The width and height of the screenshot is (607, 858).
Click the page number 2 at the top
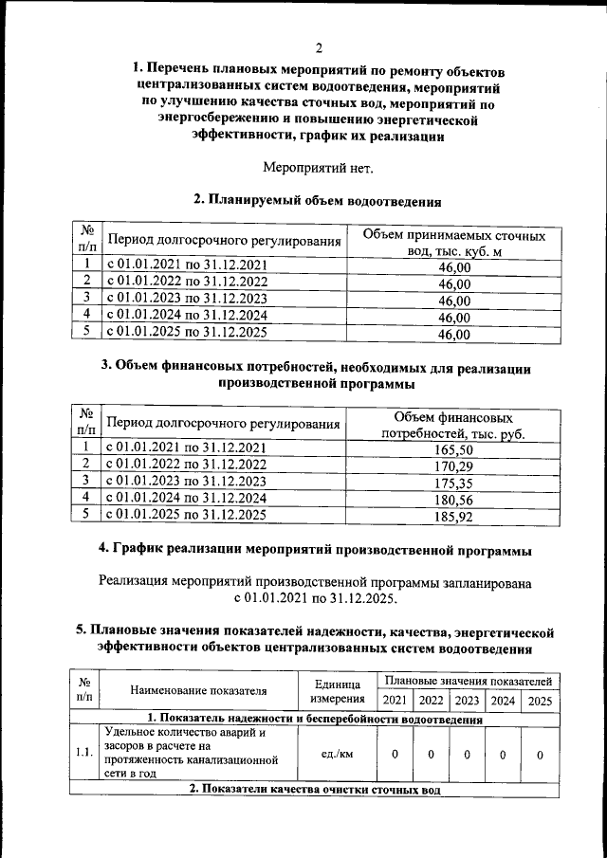pos(319,48)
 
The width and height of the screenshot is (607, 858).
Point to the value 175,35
pos(454,484)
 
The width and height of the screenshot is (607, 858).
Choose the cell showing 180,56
pos(454,501)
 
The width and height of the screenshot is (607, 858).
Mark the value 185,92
pos(454,518)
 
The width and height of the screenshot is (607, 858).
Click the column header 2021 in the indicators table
pos(395,701)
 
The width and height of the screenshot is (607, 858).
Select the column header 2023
pos(466,701)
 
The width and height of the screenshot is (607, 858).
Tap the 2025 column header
pos(539,701)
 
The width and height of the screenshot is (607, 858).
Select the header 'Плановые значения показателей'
pos(466,681)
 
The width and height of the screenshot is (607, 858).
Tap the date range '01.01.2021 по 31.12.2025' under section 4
pos(317,598)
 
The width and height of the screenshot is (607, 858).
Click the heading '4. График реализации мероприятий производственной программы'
pos(315,550)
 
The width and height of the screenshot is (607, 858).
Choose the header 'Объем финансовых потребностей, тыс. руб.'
pos(453,426)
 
